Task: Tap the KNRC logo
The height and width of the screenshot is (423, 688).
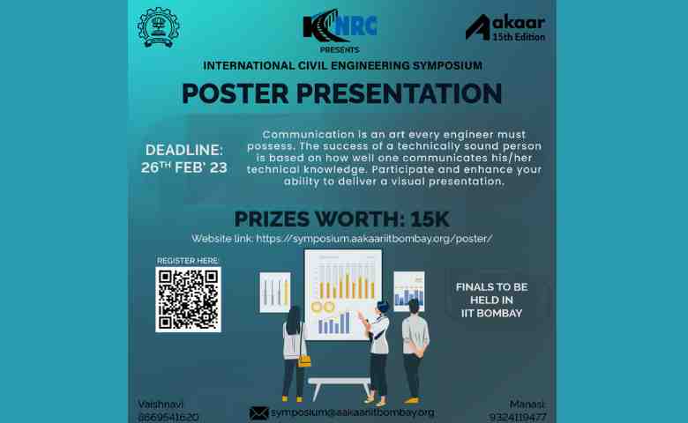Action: point(341,26)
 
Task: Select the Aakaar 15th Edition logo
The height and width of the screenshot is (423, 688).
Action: point(505,27)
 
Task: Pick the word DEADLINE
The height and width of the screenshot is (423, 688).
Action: point(184,150)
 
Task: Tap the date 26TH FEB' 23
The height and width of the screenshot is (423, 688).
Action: point(184,167)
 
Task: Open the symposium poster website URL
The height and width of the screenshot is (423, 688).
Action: point(374,239)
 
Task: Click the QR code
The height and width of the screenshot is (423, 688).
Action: point(188,300)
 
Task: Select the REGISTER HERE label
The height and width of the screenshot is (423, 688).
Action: point(188,261)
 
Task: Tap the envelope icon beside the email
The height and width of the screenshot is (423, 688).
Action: point(258,412)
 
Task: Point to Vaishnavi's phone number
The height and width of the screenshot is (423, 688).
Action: point(168,417)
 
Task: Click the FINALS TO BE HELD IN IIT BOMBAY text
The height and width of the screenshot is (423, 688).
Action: point(491,301)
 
